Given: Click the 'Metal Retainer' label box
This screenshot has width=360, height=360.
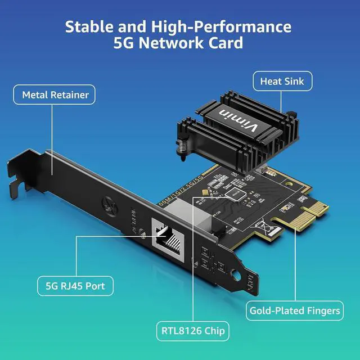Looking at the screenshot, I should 55,94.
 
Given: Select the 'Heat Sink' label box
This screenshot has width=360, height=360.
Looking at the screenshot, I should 282,82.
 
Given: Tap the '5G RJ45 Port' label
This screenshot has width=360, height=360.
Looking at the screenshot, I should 75,286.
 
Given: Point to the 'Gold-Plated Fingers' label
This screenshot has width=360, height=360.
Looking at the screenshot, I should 295,310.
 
